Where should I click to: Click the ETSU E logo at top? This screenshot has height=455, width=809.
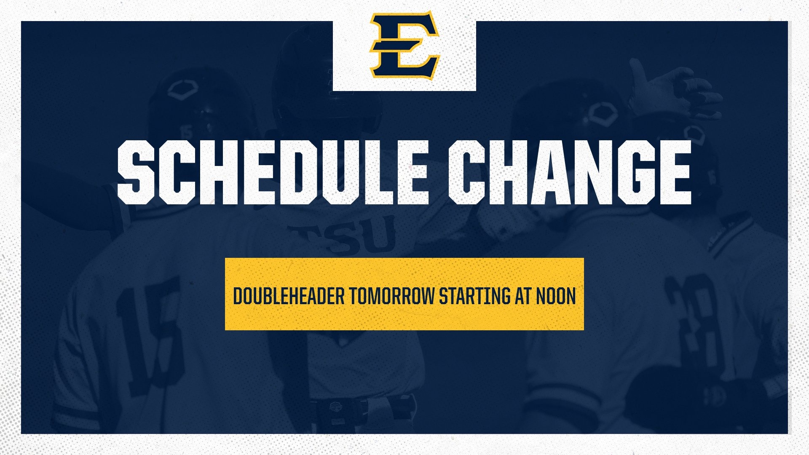pos(404,45)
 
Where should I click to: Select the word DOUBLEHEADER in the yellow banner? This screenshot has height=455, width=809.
pos(289,296)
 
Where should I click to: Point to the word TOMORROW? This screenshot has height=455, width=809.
pos(391,296)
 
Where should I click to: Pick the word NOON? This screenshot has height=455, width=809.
pos(556,296)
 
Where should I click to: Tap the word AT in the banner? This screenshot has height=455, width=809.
pos(523,296)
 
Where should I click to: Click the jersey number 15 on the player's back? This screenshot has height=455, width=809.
pos(152,333)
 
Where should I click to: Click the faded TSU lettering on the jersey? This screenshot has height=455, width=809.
pos(346,236)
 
